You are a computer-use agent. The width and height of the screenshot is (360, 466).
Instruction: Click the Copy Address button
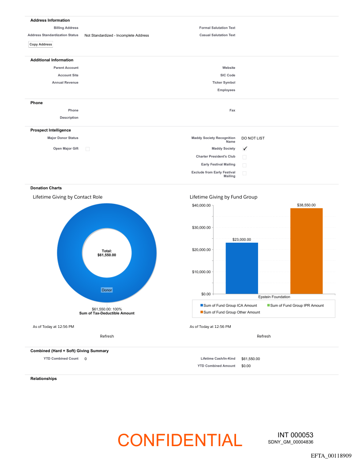[41, 44]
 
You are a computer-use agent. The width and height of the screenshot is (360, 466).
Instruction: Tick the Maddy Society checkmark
[245, 149]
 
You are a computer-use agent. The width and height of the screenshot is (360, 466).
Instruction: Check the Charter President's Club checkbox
[244, 157]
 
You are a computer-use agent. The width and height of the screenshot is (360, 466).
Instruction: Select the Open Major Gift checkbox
[87, 149]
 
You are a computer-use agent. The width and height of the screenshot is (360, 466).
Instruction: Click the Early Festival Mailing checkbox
[244, 165]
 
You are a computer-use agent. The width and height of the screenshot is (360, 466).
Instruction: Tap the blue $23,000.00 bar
[242, 268]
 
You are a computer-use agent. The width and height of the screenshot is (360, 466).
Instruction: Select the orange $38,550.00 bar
[307, 251]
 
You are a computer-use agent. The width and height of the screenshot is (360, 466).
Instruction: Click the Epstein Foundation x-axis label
[274, 297]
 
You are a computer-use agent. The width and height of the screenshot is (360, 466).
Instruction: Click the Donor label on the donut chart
[107, 290]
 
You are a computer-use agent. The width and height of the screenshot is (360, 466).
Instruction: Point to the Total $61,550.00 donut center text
[107, 253]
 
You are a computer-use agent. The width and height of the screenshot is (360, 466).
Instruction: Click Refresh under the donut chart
[107, 336]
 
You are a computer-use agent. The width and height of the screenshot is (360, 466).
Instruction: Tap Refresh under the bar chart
[263, 336]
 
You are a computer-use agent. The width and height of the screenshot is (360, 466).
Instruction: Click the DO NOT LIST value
[253, 138]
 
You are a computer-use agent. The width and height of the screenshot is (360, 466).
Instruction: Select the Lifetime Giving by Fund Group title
[223, 197]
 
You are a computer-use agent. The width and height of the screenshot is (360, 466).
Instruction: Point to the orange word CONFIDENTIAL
[180, 440]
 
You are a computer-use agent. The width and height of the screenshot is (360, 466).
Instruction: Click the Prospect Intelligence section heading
[50, 130]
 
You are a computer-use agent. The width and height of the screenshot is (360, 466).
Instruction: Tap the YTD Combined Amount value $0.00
[246, 366]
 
